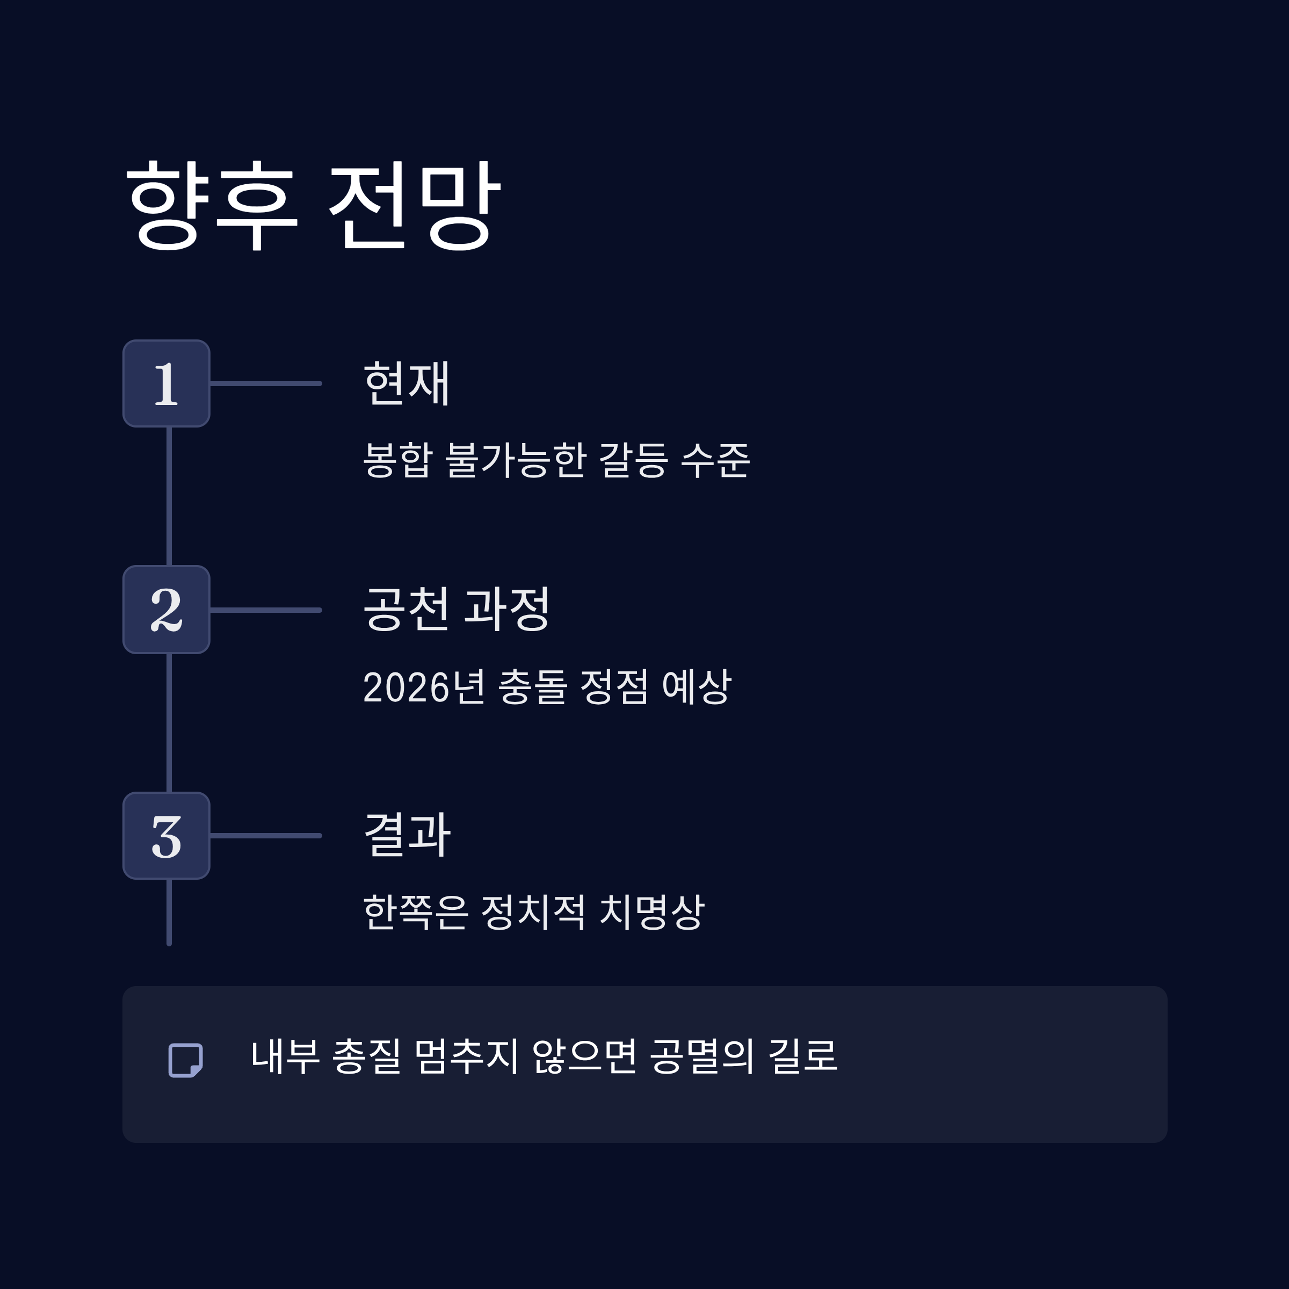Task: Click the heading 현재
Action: click(x=407, y=383)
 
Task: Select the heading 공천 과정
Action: click(x=457, y=609)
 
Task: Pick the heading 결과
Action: click(x=407, y=835)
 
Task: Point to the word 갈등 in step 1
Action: click(x=634, y=460)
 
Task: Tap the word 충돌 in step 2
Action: click(x=533, y=686)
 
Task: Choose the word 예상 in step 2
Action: click(x=697, y=686)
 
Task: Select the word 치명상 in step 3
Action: click(x=652, y=912)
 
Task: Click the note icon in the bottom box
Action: click(x=185, y=1060)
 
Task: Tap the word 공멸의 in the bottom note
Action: click(x=702, y=1056)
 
